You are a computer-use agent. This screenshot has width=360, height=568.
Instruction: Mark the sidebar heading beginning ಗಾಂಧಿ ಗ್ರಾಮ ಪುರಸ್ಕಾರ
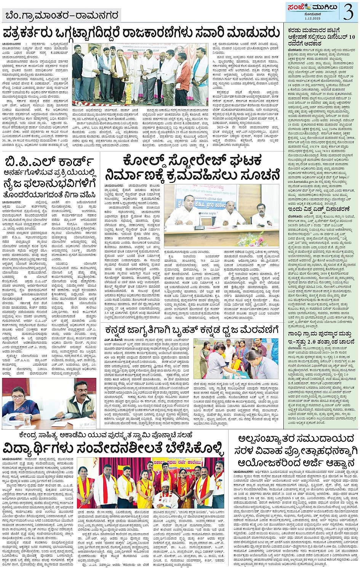(319, 333)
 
